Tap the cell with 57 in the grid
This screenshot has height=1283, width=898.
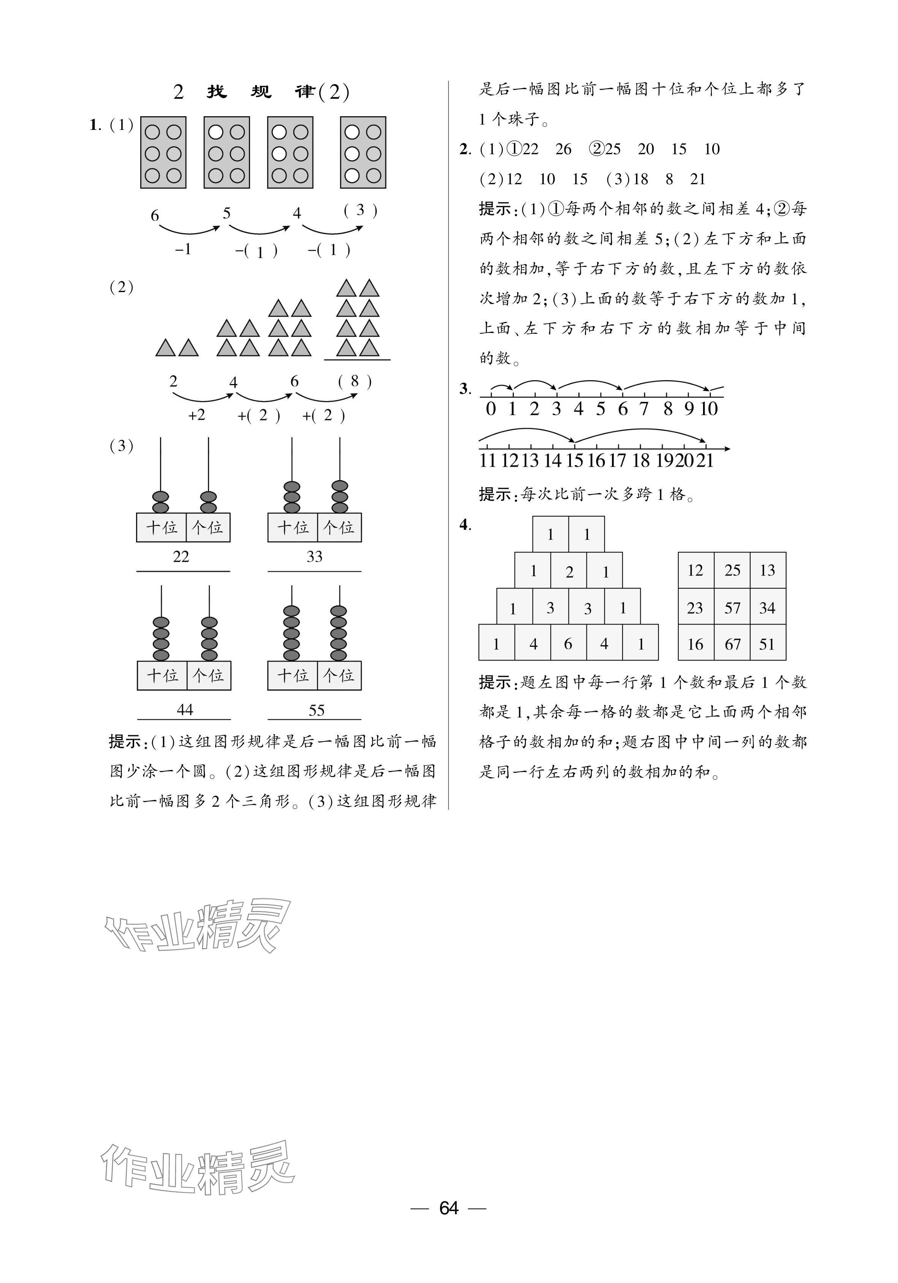coord(732,607)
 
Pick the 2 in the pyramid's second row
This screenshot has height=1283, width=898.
coord(569,572)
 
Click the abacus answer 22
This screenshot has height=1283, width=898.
coord(181,556)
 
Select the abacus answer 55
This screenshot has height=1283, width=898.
coord(317,710)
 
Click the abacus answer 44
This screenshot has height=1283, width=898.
coord(185,709)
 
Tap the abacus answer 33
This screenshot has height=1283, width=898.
coord(314,556)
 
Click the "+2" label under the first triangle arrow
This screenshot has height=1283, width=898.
coord(197,415)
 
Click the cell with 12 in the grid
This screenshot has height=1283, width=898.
coord(695,570)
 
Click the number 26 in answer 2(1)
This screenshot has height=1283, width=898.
coord(563,149)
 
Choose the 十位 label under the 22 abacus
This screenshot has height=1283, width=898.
coord(162,528)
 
